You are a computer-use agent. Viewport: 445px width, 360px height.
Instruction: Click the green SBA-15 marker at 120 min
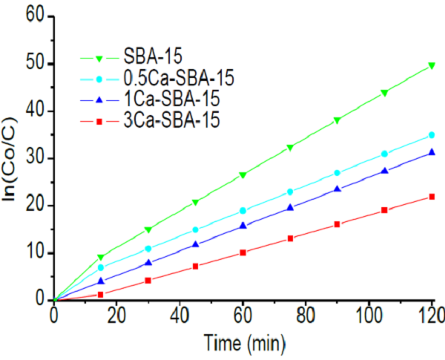(432, 65)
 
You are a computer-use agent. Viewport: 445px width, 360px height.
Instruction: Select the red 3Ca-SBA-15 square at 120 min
(432, 197)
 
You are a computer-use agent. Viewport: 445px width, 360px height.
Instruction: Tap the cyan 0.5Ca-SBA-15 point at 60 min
(243, 211)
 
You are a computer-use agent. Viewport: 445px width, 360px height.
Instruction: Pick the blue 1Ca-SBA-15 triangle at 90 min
(337, 189)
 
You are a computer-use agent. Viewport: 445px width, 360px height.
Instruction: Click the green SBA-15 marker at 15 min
(101, 258)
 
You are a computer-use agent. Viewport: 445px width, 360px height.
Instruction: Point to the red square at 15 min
(101, 295)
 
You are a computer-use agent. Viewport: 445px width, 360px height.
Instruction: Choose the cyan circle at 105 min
(384, 154)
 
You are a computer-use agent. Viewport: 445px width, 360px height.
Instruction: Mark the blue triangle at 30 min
(148, 263)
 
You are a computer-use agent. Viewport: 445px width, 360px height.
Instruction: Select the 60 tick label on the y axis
(34, 16)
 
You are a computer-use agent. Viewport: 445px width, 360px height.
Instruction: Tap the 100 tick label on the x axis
(368, 318)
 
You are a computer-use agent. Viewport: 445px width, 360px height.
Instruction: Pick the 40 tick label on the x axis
(179, 318)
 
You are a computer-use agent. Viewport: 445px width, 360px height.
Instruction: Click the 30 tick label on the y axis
(34, 158)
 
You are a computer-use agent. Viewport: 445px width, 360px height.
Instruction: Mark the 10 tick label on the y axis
(34, 252)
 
